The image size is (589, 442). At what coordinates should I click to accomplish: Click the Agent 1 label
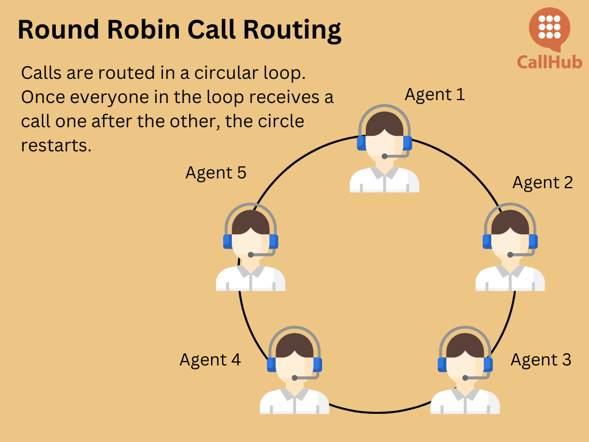435,95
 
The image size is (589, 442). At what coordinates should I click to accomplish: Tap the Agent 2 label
542,183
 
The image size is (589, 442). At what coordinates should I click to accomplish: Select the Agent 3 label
541,360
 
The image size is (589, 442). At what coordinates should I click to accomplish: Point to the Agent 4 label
210,360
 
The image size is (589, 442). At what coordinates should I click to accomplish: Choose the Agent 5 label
216,173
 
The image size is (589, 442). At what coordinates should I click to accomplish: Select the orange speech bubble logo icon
549,29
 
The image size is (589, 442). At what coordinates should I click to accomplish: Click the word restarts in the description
56,146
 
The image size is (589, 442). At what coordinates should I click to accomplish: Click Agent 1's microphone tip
384,157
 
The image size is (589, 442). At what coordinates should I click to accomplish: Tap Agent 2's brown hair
510,223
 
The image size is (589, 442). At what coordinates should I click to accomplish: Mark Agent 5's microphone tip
251,255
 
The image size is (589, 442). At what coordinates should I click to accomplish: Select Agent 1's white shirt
384,180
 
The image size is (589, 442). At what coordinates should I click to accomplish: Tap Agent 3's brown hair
465,346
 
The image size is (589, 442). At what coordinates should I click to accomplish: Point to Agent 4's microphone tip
294,378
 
